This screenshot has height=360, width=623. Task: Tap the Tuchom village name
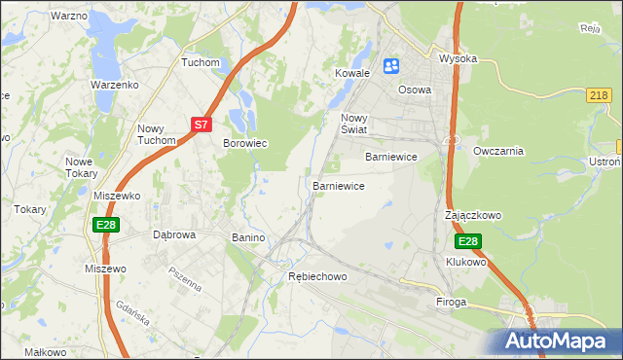click(201, 62)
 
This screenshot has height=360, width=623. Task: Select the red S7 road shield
click(201, 125)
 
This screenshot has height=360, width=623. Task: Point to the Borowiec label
click(245, 143)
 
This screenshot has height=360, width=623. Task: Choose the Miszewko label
click(117, 196)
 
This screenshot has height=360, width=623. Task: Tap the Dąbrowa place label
click(175, 235)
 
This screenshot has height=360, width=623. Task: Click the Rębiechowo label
click(317, 277)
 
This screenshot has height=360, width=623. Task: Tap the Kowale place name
click(353, 73)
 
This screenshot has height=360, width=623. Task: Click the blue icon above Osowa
click(391, 66)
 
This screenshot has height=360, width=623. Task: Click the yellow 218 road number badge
click(600, 94)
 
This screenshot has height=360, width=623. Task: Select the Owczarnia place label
click(498, 151)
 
